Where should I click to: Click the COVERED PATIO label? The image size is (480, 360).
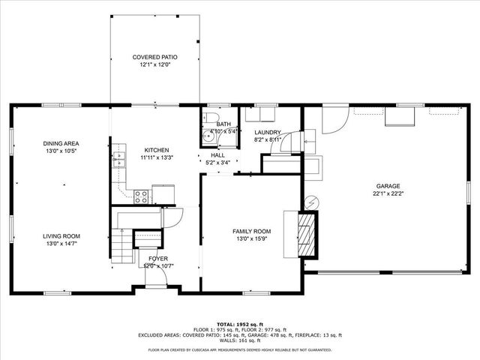coord(156,57)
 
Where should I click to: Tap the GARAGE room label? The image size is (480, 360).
coord(388,185)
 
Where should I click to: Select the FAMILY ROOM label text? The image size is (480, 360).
coord(252,231)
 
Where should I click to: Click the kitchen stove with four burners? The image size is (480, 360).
coord(141,196)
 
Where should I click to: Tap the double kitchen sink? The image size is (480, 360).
coord(117,159)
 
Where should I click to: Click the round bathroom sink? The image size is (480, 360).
coord(206,136)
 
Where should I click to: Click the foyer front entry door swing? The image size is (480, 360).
coord(156,277)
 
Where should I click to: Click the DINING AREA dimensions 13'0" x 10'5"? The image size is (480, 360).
coord(61,151)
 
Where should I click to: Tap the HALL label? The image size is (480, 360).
coord(217,154)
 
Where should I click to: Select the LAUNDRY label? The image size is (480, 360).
coord(268,132)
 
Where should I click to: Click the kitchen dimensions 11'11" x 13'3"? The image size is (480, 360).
coord(156,157)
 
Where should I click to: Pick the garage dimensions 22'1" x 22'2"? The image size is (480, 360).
coord(388,193)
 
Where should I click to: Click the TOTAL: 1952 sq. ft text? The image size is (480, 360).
coord(239,323)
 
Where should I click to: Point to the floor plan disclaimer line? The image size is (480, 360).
coord(239,350)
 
